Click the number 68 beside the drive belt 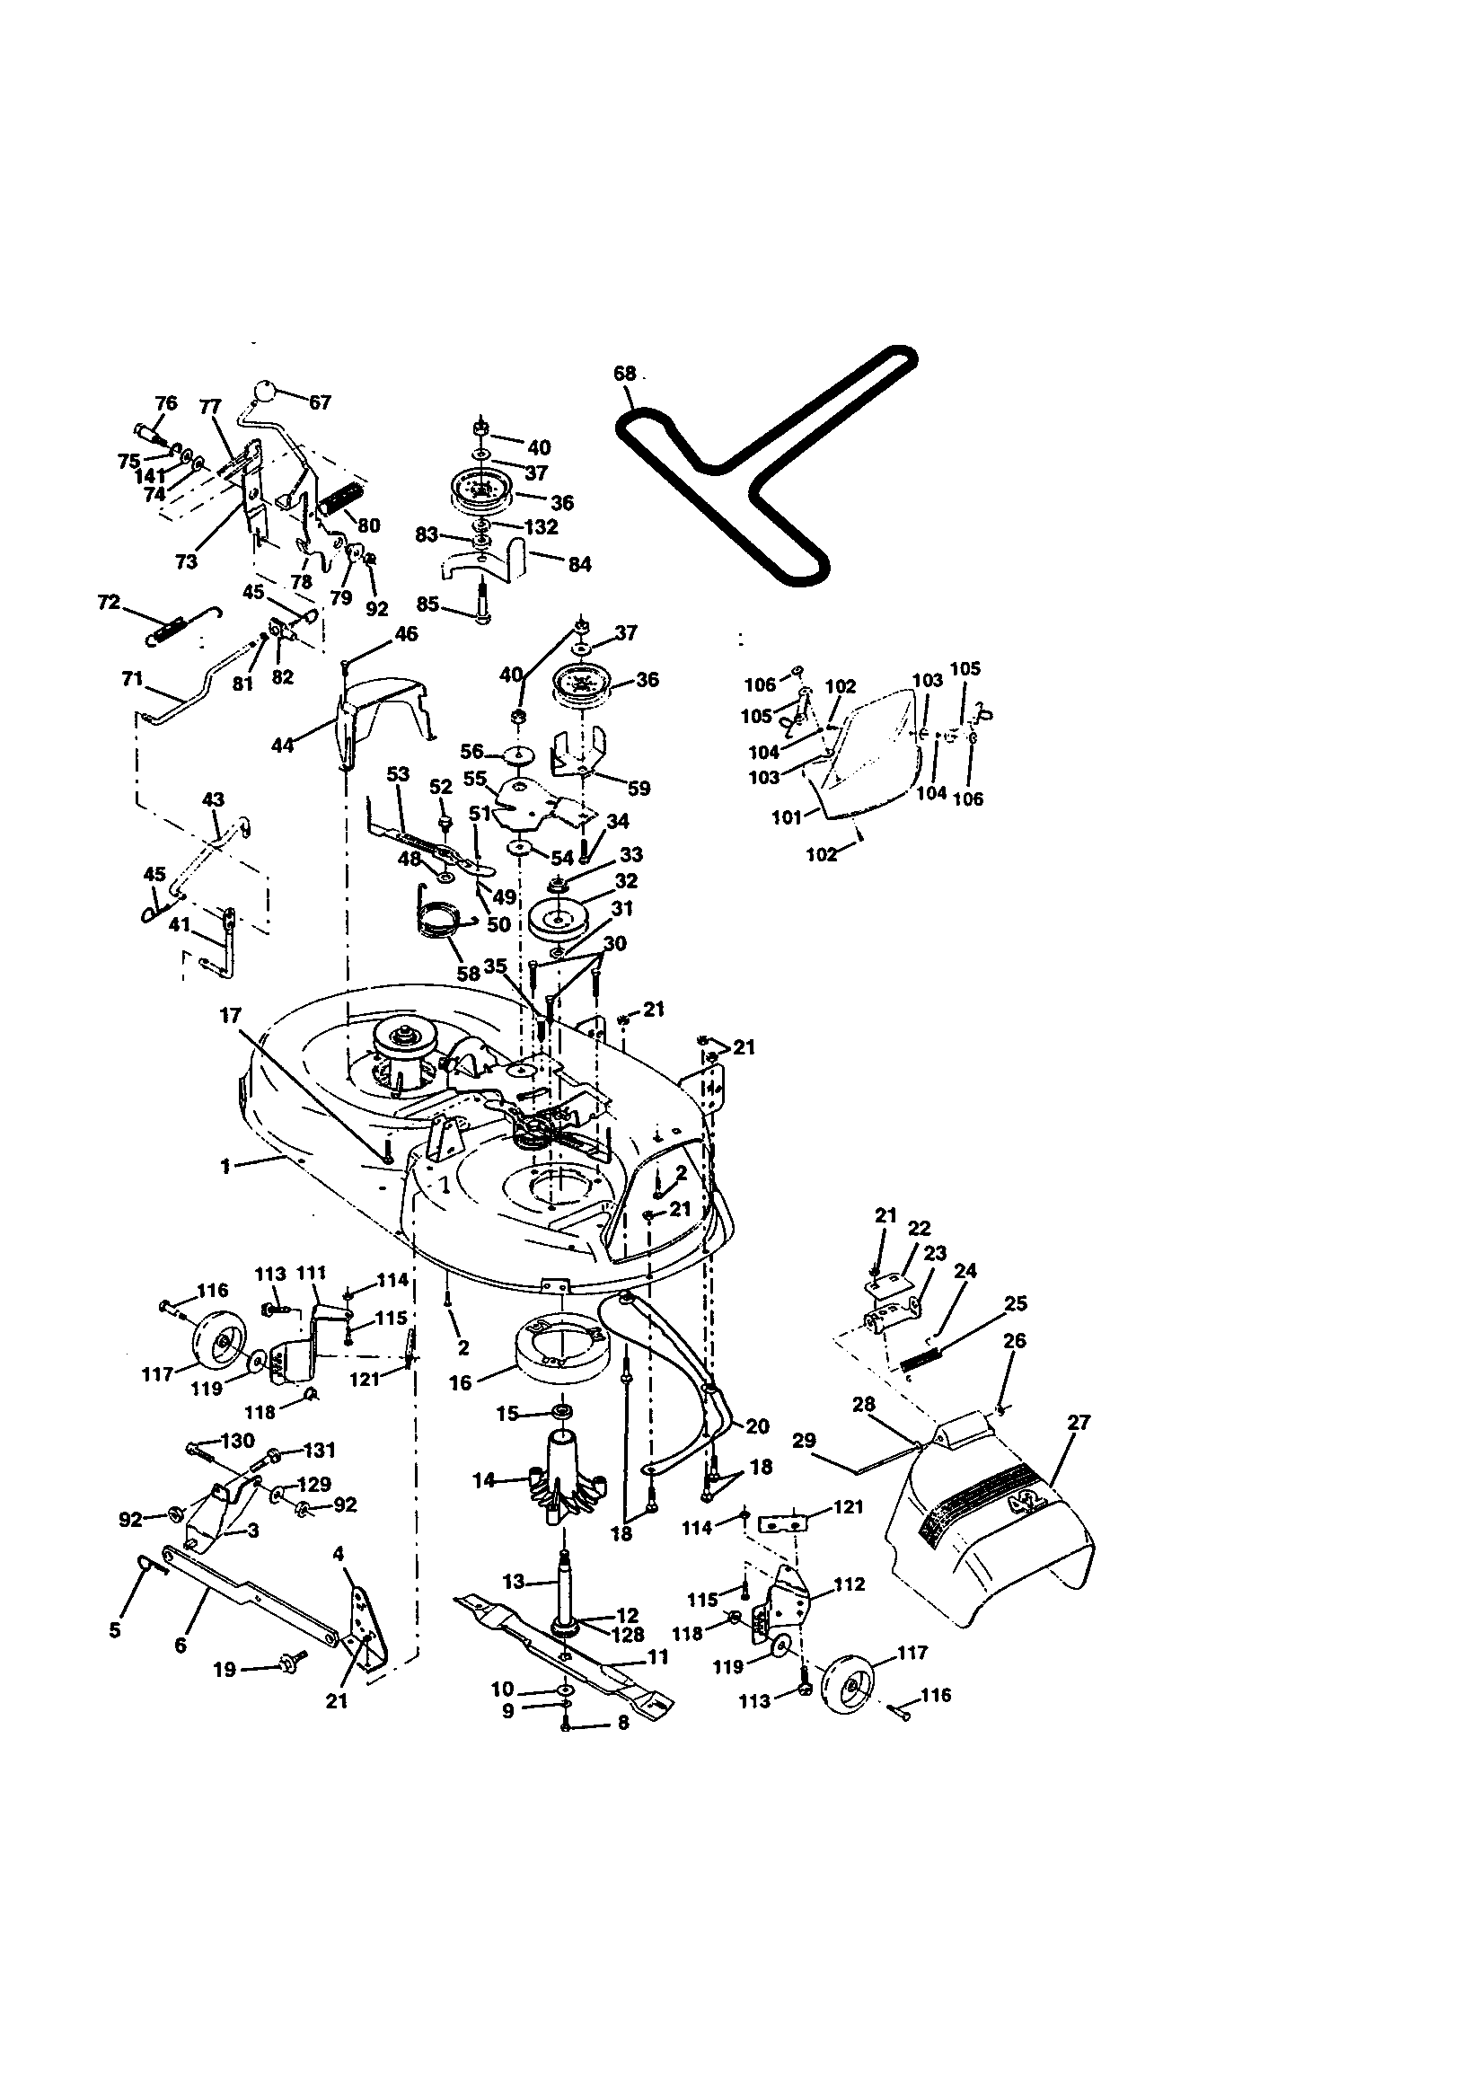(x=624, y=373)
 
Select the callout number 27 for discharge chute (x=1079, y=1422)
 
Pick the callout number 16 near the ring (x=459, y=1383)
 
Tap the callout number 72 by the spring (x=108, y=603)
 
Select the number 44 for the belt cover (x=283, y=746)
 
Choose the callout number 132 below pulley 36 (x=542, y=527)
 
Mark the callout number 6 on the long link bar (x=181, y=1646)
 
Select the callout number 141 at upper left (x=151, y=477)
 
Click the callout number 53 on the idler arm (x=397, y=773)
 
